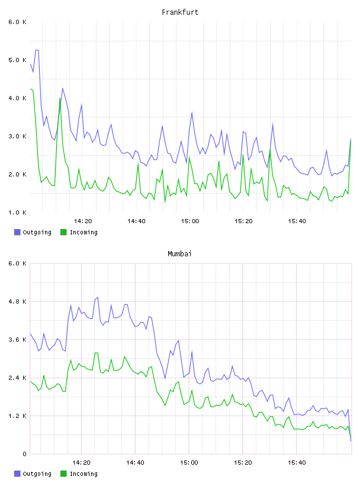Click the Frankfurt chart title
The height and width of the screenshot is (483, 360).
pos(180,12)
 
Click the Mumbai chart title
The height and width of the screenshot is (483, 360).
pos(179,254)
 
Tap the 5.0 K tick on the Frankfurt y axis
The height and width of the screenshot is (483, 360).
pos(18,60)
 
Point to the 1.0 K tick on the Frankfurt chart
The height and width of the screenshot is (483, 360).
pos(18,212)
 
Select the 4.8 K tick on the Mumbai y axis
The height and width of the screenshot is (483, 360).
pos(18,301)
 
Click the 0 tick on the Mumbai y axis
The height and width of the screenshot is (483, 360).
pos(24,454)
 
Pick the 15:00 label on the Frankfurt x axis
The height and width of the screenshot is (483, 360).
pos(190,221)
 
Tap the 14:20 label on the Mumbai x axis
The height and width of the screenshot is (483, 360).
pos(81,463)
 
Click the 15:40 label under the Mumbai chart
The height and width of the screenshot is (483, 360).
pos(297,463)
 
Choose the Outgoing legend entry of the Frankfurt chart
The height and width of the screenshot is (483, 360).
pos(33,232)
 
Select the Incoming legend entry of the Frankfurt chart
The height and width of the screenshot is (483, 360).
pos(79,232)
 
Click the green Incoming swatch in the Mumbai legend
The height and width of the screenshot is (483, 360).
pos(63,474)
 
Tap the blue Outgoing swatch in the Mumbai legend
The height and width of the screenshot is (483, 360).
pos(17,474)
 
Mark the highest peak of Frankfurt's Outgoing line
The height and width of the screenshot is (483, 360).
pos(37,50)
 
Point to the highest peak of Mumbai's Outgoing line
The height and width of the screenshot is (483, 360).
pos(98,298)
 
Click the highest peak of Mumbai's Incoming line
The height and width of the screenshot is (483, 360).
pos(96,353)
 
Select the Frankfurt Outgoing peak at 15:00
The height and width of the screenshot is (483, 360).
pos(192,112)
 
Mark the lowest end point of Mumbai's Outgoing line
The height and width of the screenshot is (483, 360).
pos(351,441)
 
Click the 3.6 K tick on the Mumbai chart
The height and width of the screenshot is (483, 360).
pos(18,340)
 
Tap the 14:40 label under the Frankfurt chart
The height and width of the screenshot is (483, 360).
pos(136,221)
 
